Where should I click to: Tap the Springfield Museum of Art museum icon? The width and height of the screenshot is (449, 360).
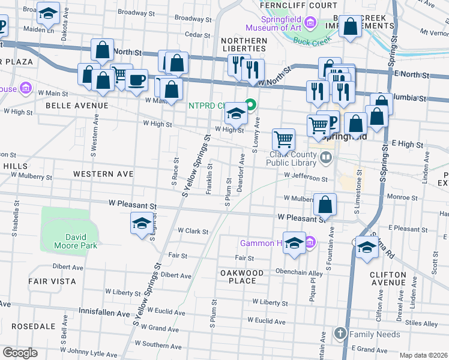point(310,23)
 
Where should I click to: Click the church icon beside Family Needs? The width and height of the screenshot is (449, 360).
point(340,333)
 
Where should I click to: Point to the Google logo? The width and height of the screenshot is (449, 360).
point(19,353)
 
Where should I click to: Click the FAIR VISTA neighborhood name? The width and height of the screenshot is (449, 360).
point(52,281)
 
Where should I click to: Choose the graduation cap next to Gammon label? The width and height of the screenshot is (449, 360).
point(294,243)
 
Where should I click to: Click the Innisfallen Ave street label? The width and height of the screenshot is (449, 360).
point(104,313)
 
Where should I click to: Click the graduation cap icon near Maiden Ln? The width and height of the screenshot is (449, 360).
point(48,11)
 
